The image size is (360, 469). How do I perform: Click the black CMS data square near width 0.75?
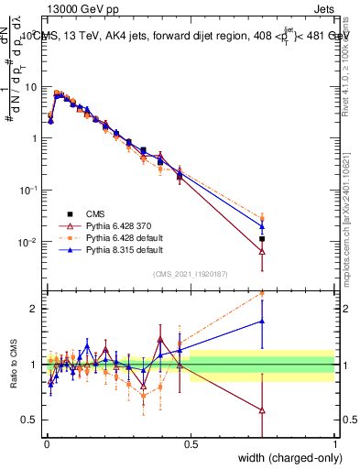(x=262, y=239)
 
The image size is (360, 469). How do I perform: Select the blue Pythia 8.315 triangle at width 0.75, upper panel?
(x=262, y=225)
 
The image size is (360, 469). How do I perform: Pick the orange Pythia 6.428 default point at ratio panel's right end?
(x=262, y=293)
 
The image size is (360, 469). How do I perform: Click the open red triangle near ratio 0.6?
(x=262, y=410)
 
